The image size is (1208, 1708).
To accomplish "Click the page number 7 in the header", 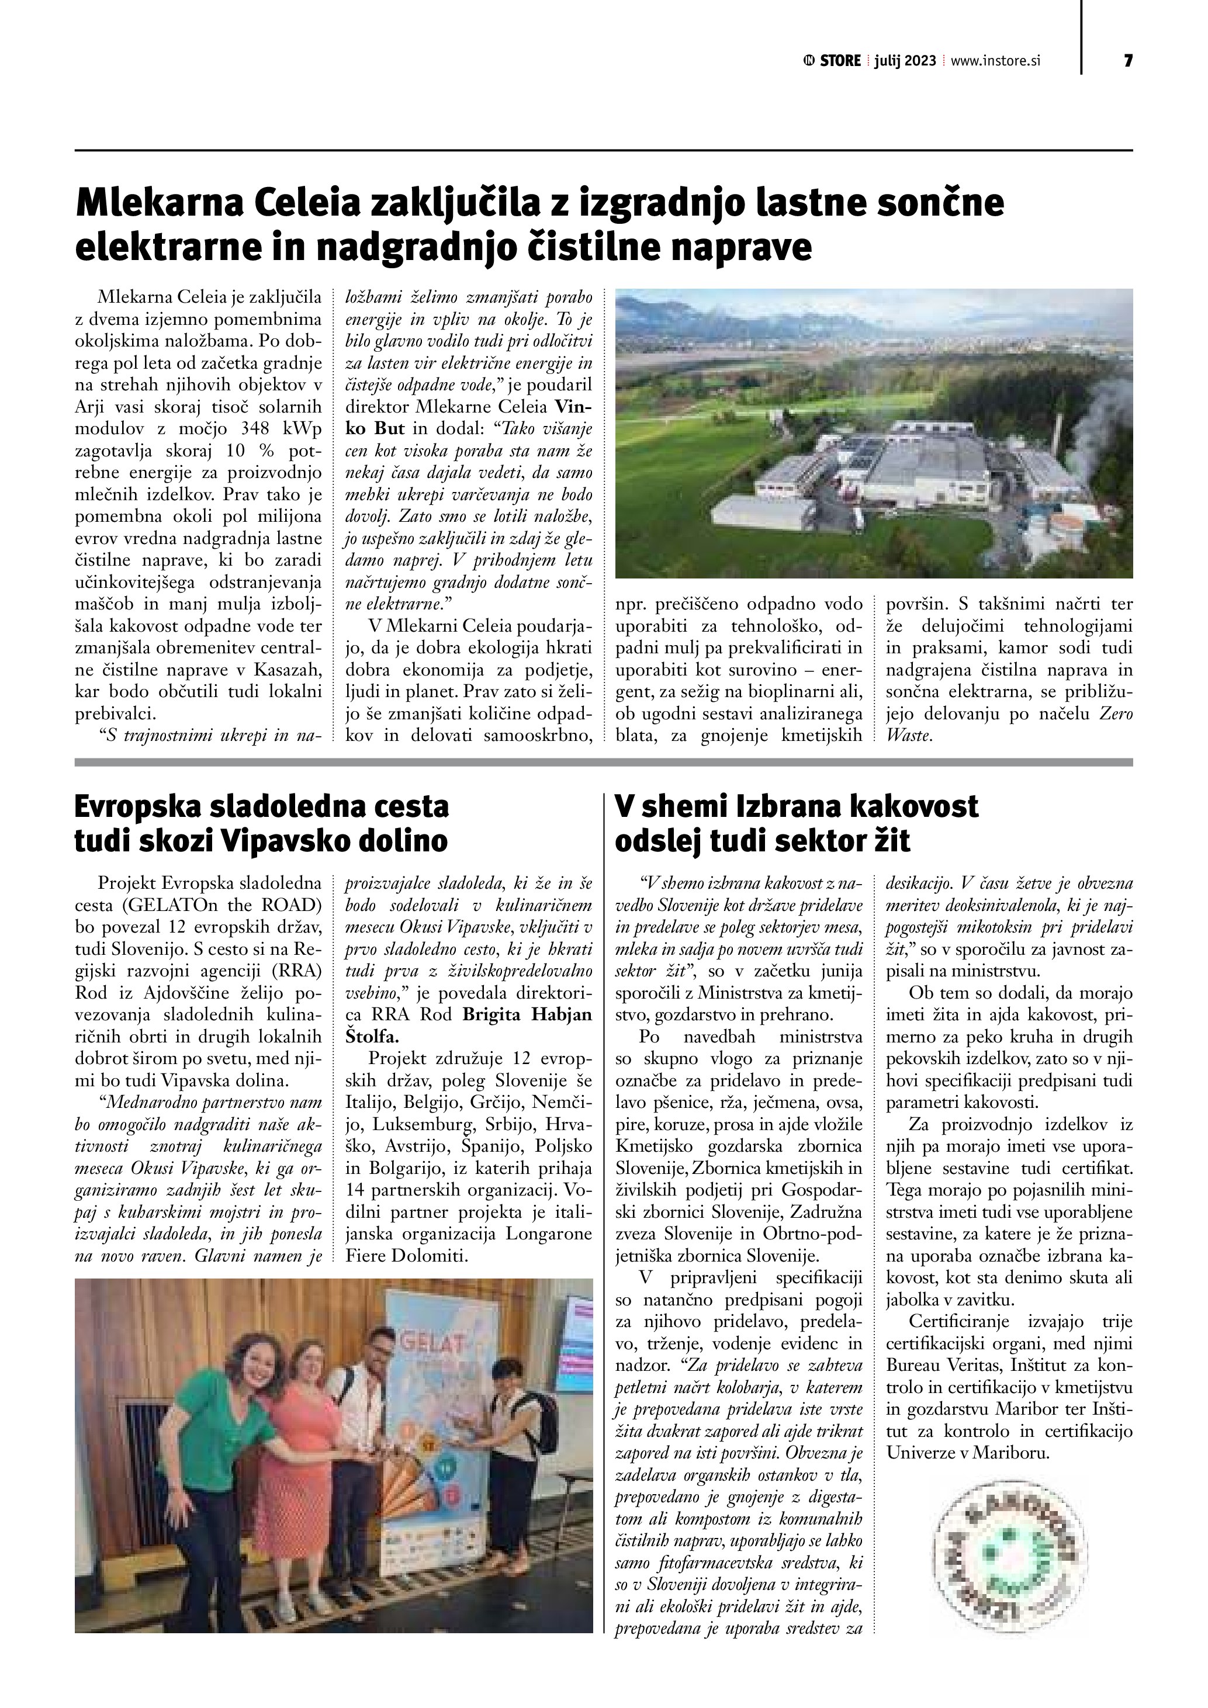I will point(1128,61).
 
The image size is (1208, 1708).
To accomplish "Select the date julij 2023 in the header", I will point(905,61).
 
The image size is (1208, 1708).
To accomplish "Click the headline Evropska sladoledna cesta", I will point(261,806).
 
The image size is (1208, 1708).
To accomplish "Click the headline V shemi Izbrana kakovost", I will point(796,806).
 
